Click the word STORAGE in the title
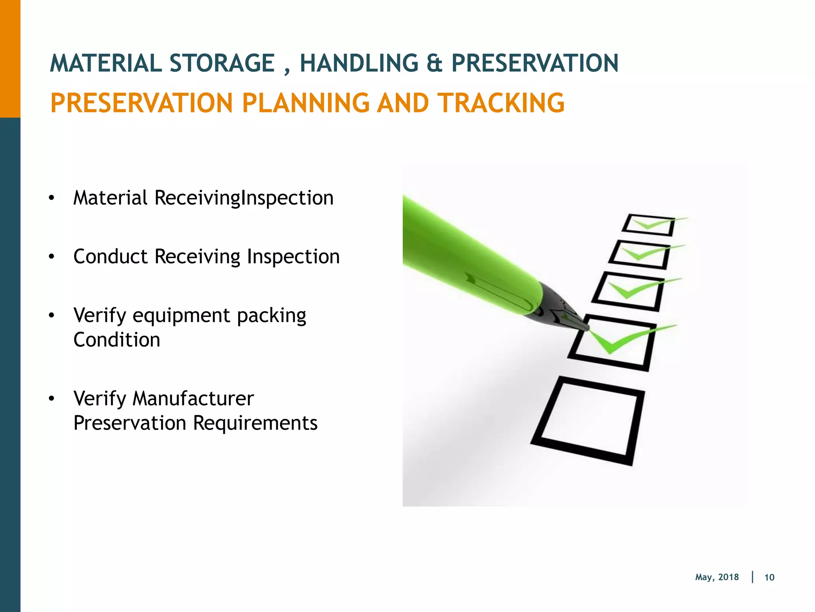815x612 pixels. (x=222, y=63)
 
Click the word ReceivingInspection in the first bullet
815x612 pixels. (x=244, y=198)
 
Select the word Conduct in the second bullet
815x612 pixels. (x=110, y=256)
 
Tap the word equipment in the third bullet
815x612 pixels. (x=181, y=316)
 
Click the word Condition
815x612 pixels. (x=117, y=340)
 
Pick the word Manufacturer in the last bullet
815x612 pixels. (x=193, y=398)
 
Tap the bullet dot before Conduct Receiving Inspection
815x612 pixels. (x=51, y=257)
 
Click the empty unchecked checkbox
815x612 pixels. (x=587, y=420)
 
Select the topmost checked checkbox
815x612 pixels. (x=648, y=225)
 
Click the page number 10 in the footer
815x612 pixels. (x=769, y=577)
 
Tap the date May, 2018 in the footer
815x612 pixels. (x=717, y=577)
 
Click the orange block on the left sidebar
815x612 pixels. (x=10, y=59)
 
